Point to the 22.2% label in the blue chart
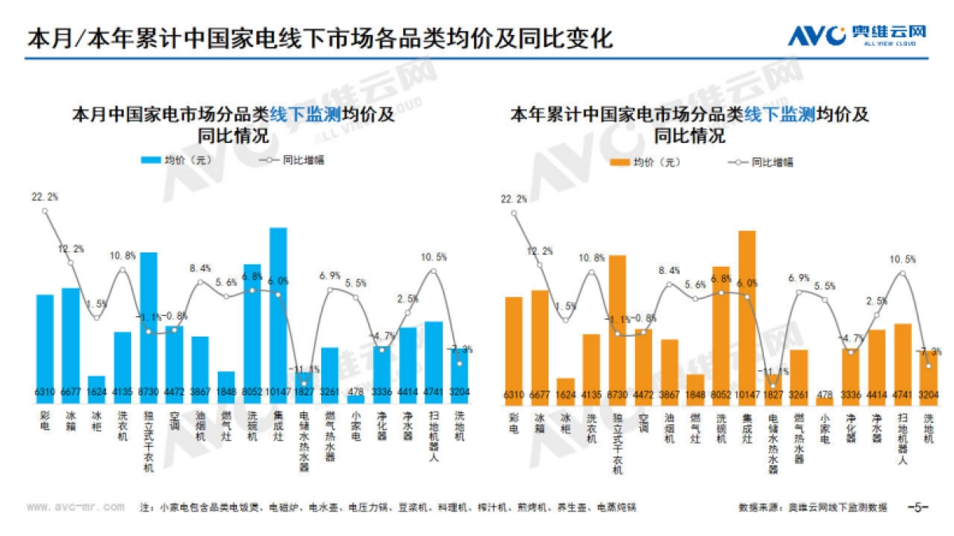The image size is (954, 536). pos(45,196)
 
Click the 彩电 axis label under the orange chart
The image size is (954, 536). pos(514,421)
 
